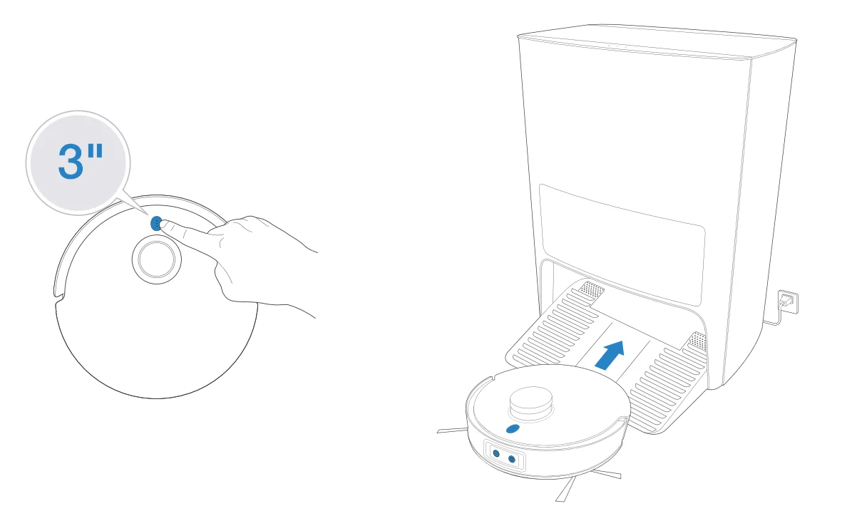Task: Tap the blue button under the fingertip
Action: (155, 223)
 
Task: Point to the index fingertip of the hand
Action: (165, 225)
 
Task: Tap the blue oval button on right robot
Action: (512, 428)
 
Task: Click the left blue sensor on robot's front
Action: (496, 453)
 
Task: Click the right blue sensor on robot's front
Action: (512, 460)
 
